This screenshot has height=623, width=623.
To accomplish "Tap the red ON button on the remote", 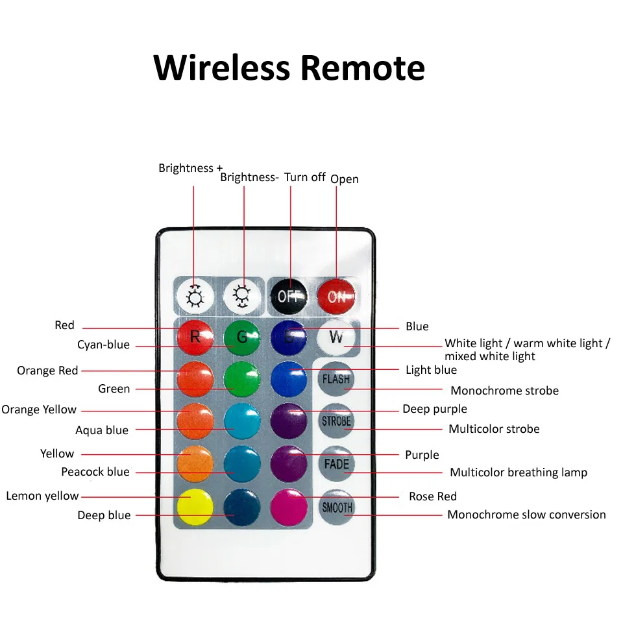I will (x=336, y=297).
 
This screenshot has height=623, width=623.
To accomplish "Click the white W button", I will (x=337, y=337).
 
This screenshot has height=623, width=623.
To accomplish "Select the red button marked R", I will (x=195, y=337).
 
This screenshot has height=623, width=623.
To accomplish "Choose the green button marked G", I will (x=242, y=337).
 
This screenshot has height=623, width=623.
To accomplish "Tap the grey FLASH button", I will (x=336, y=378).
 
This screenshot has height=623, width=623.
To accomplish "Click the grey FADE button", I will (x=337, y=464).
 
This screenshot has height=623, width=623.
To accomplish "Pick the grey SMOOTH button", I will (x=337, y=507).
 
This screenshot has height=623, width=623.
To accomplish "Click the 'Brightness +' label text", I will (x=190, y=168).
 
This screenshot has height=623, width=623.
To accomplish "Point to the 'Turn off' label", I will (x=305, y=177).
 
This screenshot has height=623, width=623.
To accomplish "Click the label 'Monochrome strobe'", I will (x=504, y=391).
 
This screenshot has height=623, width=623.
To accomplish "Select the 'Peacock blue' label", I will (x=95, y=472).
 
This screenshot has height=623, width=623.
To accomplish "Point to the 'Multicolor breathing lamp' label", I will (x=518, y=472).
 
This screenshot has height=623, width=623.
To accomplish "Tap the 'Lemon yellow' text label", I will (x=42, y=496).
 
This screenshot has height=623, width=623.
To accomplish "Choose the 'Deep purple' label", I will (x=434, y=409).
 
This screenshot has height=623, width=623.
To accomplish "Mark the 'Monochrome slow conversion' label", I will (x=526, y=515).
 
